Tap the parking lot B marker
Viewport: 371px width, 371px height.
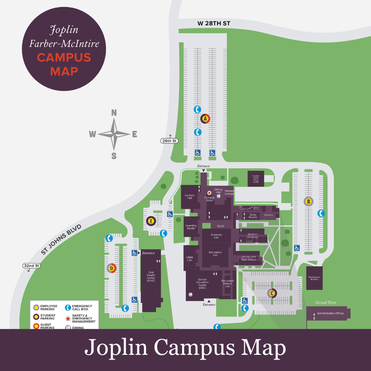[x=308, y=201]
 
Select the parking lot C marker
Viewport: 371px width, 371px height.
[x=272, y=293]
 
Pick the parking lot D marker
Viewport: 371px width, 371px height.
[x=111, y=268]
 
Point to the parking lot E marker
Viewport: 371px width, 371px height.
[x=150, y=221]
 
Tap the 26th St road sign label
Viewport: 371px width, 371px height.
[x=169, y=141]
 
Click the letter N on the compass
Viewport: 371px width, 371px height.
[x=114, y=113]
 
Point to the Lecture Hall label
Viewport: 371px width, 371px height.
[x=190, y=197]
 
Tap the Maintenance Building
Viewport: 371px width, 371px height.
[x=314, y=277]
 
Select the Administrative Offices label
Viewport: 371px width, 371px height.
[x=330, y=313]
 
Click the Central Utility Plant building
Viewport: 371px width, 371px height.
[x=256, y=178]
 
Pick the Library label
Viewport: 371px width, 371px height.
[x=269, y=215]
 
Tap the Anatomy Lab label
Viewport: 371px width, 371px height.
[x=217, y=236]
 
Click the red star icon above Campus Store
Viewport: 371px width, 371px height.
[x=209, y=192]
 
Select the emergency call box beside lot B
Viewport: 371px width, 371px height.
[x=320, y=213]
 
